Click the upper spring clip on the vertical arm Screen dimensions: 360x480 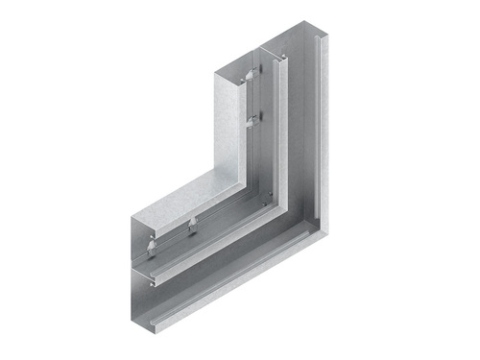click(251, 75)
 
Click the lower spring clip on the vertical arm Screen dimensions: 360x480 click(251, 120)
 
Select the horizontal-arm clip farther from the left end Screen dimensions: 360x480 click(193, 226)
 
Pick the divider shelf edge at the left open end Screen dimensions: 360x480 click(143, 272)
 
